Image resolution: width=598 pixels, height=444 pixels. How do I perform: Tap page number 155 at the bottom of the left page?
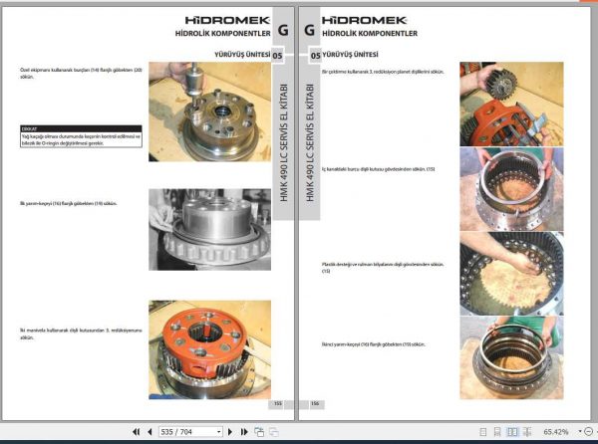coord(278,404)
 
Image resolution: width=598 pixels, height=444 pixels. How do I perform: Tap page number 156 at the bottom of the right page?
coord(314,404)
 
